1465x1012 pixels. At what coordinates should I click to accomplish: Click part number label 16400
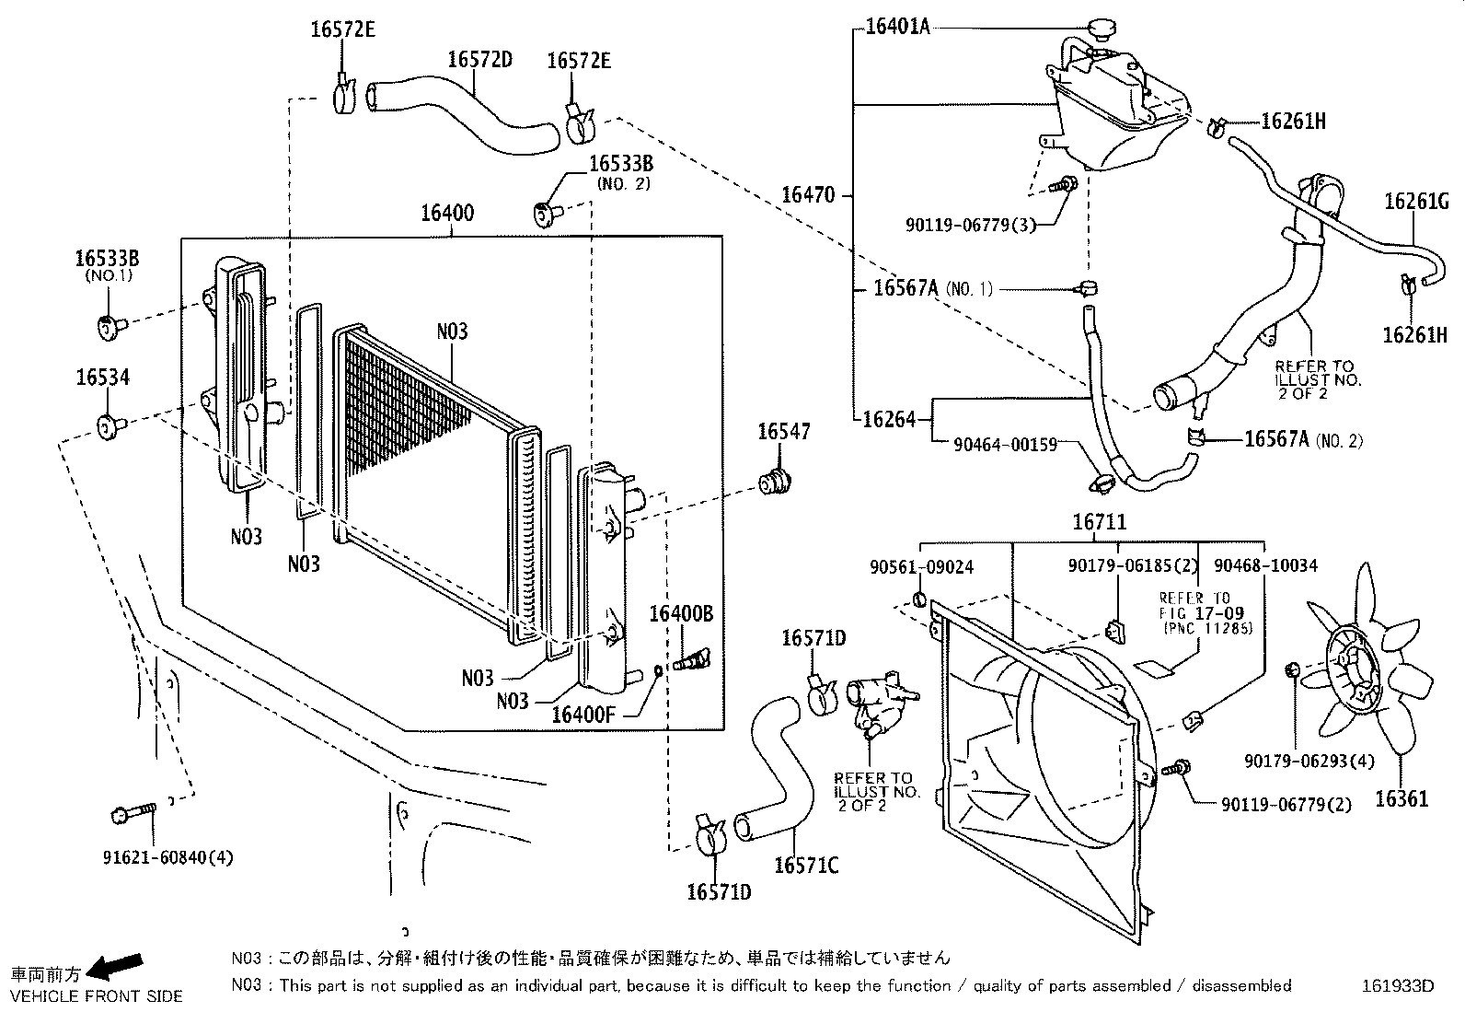447,214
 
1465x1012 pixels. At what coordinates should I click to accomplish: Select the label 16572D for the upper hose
479,60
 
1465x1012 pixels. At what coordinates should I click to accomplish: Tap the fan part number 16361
1402,799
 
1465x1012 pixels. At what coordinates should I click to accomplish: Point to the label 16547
784,432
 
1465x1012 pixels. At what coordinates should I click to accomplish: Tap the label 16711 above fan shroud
1099,523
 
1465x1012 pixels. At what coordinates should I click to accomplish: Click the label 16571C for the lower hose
806,866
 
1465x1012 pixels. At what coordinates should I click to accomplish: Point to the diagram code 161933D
1398,985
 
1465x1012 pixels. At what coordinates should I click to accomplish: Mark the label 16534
103,377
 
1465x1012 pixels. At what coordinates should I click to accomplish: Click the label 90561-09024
921,566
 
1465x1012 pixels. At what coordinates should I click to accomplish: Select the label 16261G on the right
1416,202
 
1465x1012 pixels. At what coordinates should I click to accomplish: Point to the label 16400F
583,714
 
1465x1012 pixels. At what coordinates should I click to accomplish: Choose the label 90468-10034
1265,565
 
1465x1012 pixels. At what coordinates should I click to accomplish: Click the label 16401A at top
898,28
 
